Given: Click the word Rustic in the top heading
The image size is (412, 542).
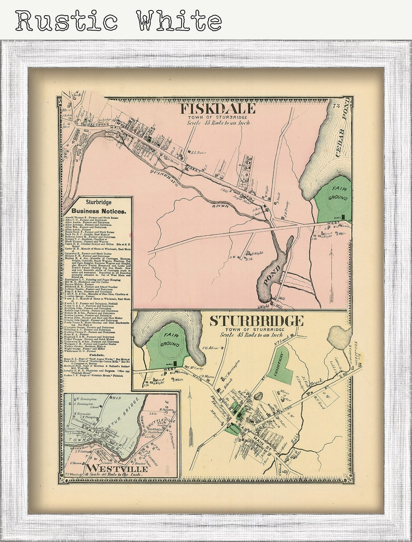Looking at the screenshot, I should pos(66,21).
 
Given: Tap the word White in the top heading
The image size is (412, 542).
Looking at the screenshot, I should pos(180,21).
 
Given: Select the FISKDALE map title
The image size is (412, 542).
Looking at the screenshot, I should pos(217,108).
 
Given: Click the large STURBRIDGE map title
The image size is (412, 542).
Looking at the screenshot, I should pos(256,321).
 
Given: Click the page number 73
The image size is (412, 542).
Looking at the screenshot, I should pos(336,106).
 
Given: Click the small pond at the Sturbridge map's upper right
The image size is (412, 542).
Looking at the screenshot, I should pos(339,337).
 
